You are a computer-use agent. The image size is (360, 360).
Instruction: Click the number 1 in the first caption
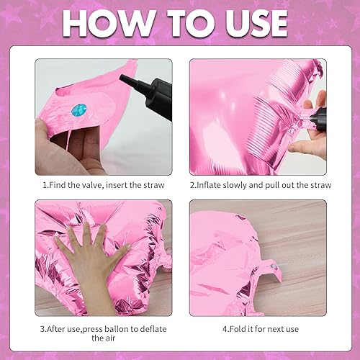pyautogui.click(x=45, y=184)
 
